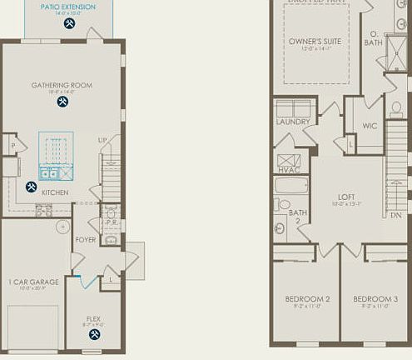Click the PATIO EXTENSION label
pos(67,7)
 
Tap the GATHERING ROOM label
pos(62,85)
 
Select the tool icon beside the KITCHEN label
pos(32,187)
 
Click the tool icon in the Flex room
pos(94,334)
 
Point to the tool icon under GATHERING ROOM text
pos(62,102)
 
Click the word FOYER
pos(86,238)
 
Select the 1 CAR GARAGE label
pos(33,282)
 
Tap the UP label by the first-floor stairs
pos(102,139)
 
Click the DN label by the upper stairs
pos(395,214)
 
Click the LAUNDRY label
pos(293,122)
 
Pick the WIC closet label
pos(370,126)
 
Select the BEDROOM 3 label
pos(370,298)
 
